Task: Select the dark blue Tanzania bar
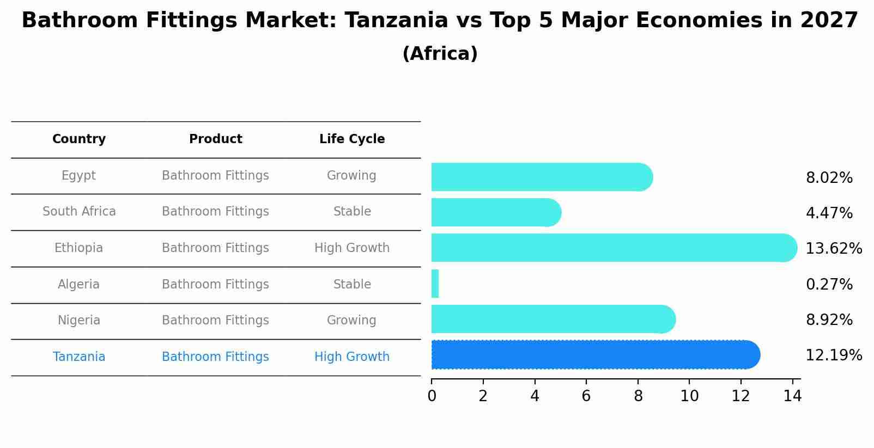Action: pyautogui.click(x=594, y=355)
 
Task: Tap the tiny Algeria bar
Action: pyautogui.click(x=435, y=284)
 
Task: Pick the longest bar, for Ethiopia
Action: pyautogui.click(x=613, y=248)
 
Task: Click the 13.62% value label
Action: pyautogui.click(x=833, y=249)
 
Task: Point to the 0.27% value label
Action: pyautogui.click(x=829, y=285)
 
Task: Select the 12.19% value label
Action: pyautogui.click(x=833, y=355)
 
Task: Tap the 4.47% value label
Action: pyautogui.click(x=829, y=213)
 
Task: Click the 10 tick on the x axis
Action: pyautogui.click(x=689, y=396)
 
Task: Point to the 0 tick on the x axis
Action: pyautogui.click(x=432, y=396)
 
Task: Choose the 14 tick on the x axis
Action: pyautogui.click(x=792, y=396)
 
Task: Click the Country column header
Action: pyautogui.click(x=79, y=139)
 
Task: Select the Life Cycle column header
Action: pyautogui.click(x=352, y=139)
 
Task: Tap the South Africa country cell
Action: pyautogui.click(x=79, y=212)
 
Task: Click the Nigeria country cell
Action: pyautogui.click(x=79, y=321)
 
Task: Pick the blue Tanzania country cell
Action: pyautogui.click(x=79, y=357)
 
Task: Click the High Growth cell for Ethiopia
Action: pyautogui.click(x=352, y=248)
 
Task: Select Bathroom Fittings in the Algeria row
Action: pyautogui.click(x=215, y=285)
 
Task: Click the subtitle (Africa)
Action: pyautogui.click(x=440, y=54)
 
